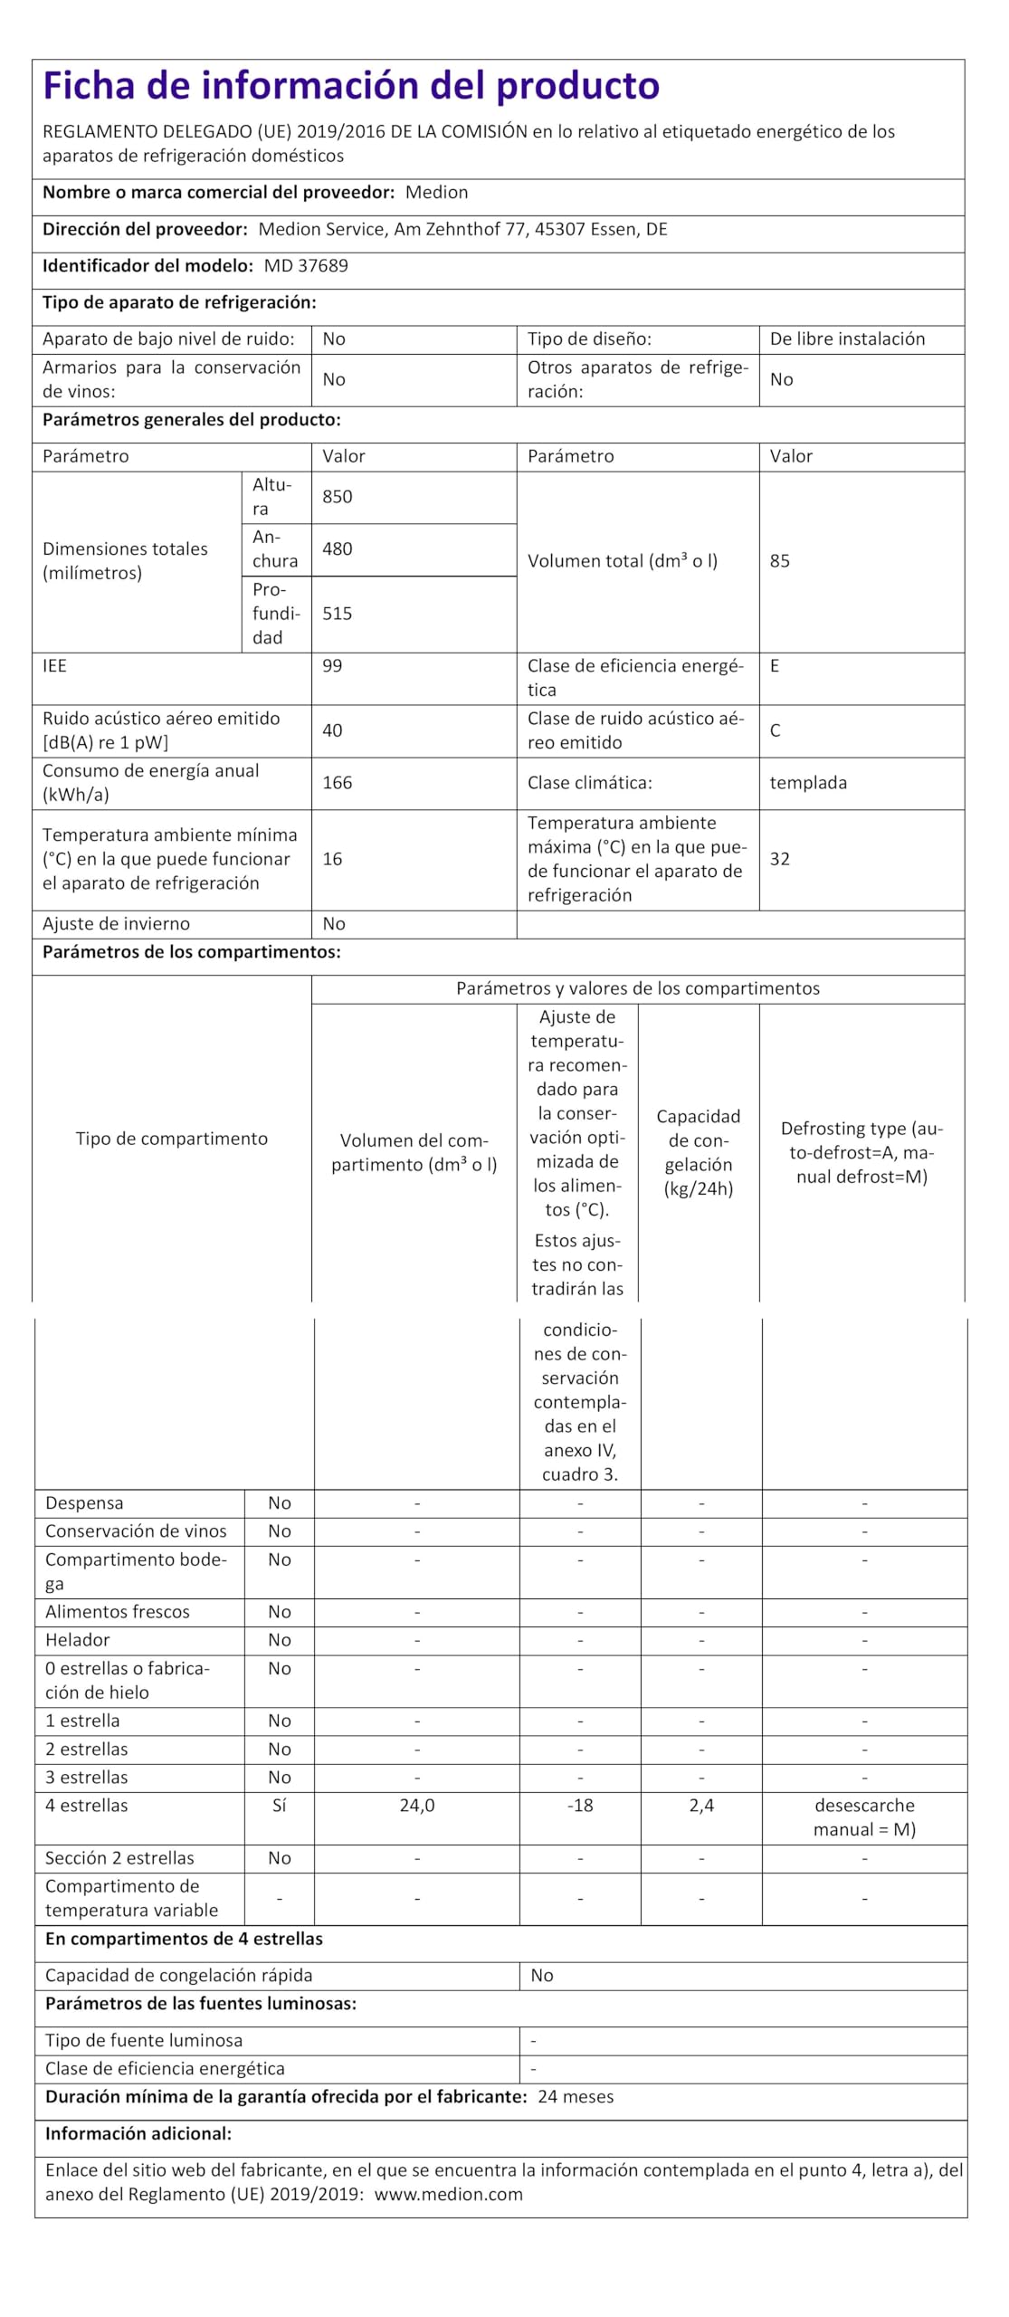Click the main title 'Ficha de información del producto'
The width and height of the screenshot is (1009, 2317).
[351, 86]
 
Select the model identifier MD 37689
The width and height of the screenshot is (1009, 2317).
[306, 266]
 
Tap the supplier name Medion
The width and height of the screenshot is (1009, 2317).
[436, 193]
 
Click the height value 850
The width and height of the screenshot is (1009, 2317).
[338, 497]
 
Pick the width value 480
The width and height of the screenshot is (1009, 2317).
[338, 549]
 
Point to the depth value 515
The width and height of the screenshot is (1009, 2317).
[338, 614]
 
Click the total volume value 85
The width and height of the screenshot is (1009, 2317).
[780, 561]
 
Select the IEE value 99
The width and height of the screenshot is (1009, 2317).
[333, 666]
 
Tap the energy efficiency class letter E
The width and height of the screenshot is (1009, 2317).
[775, 666]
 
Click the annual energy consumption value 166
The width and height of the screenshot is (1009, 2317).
[338, 783]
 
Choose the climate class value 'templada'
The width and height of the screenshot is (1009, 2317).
[808, 783]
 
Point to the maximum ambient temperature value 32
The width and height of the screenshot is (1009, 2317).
[780, 859]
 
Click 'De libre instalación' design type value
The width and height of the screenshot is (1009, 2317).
[847, 339]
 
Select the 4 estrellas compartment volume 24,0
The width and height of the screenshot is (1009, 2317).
[417, 1806]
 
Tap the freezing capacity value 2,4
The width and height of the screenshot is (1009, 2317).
[701, 1806]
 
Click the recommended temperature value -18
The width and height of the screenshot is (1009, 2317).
[580, 1806]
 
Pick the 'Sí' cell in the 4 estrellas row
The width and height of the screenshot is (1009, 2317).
[280, 1806]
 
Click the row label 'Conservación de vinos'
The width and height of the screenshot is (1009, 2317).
[136, 1531]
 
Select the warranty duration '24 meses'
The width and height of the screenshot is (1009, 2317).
[576, 2097]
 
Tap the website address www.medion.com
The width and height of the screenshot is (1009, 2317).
[449, 2195]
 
